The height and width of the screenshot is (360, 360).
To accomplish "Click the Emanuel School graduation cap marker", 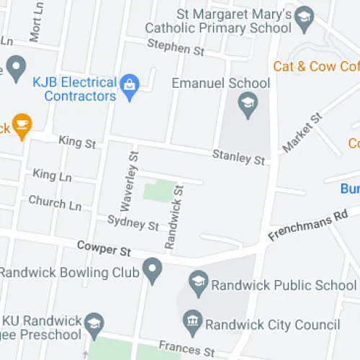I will [x=248, y=102].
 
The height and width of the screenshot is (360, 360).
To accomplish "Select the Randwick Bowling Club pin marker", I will [x=152, y=271].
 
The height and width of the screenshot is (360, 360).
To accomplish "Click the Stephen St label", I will [x=176, y=49].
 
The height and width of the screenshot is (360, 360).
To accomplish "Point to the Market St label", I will [x=302, y=132].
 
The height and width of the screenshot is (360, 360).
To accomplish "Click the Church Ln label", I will [x=55, y=203].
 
